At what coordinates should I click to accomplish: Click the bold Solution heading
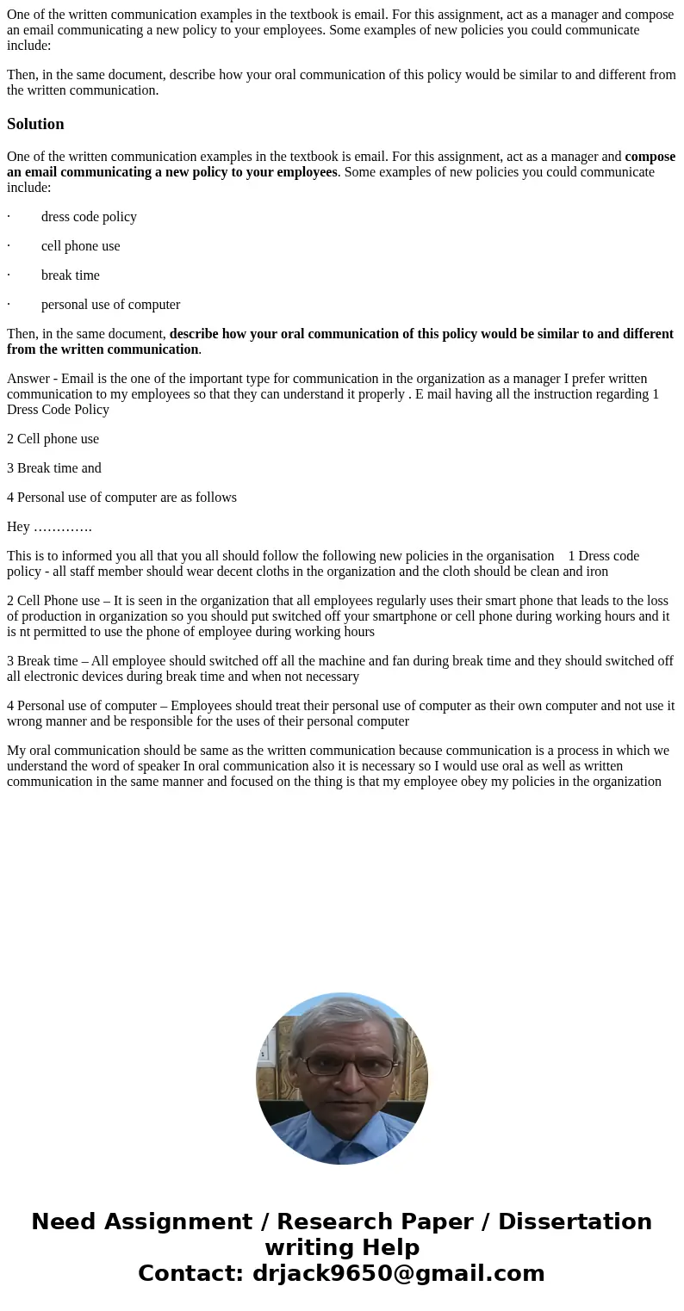coord(35,124)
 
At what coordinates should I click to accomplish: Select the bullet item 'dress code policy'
coord(89,217)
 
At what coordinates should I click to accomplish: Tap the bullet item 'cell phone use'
coord(80,246)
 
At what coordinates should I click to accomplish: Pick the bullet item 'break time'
coord(70,275)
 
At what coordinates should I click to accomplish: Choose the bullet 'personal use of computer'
coord(110,305)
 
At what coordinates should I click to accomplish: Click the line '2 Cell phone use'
coord(53,439)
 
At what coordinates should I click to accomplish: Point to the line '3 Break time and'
coord(54,468)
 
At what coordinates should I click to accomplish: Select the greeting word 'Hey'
coord(18,527)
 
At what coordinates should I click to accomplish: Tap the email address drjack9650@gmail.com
coord(398,1273)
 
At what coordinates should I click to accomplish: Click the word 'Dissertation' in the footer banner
coord(575,1221)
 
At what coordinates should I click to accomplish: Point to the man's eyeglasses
coord(348,1067)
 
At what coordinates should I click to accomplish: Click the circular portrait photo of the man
coord(342,1079)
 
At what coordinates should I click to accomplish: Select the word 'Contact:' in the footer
coord(192,1273)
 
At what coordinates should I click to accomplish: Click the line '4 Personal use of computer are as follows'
coord(121,498)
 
